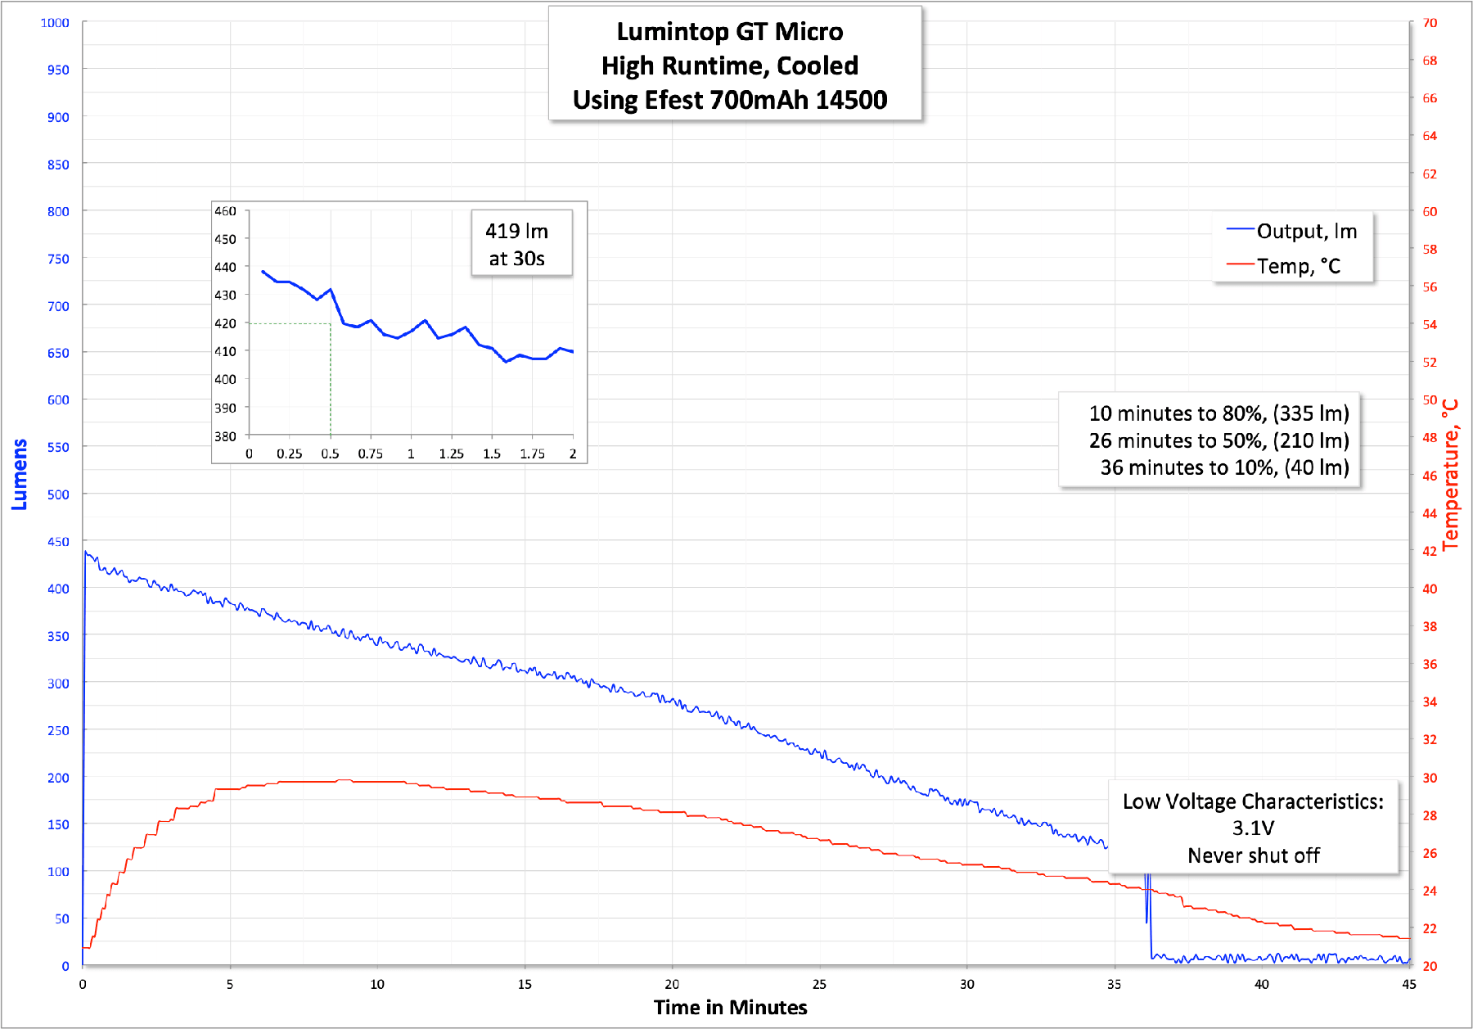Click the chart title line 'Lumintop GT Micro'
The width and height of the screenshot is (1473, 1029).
tap(729, 32)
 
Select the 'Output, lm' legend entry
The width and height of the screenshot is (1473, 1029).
tap(1306, 232)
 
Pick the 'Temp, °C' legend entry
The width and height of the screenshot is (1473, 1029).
tap(1298, 266)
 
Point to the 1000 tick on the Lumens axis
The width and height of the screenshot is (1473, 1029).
tap(56, 23)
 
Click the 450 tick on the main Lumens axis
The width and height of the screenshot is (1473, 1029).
tap(58, 542)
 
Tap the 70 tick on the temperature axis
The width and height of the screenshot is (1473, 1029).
tap(1429, 23)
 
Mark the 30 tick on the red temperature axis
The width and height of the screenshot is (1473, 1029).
tap(1429, 778)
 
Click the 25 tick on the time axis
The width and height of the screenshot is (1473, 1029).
tap(819, 984)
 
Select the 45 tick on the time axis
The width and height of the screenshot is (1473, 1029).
tap(1408, 984)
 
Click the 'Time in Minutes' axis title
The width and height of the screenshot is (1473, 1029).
tap(730, 1008)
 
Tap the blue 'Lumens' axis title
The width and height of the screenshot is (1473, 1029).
tap(20, 475)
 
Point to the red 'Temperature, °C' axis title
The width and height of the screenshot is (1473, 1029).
tap(1450, 475)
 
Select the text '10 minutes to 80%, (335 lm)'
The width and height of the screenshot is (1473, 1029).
tap(1218, 413)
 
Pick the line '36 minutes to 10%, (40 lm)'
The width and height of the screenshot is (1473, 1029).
tap(1224, 467)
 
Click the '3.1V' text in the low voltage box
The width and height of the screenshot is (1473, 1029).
tap(1253, 828)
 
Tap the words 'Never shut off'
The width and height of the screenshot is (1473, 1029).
tap(1253, 855)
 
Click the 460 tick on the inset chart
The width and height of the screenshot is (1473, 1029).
tap(225, 211)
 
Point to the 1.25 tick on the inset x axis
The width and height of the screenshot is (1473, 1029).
tap(451, 454)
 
